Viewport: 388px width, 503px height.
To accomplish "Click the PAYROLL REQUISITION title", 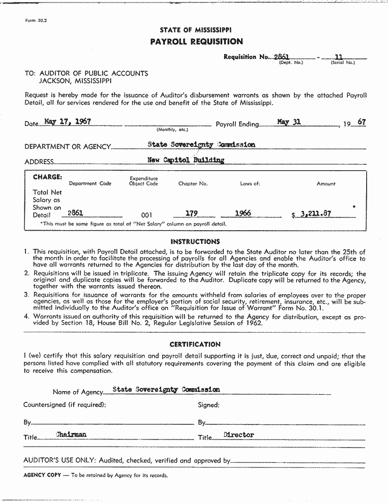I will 196,42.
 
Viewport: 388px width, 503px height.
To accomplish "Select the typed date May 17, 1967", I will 68,121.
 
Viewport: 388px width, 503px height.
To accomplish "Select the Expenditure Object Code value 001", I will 146,215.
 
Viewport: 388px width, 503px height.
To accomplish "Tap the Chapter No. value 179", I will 191,213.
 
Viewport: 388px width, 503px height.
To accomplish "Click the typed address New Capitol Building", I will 185,160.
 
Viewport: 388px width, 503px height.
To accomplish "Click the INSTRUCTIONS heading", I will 195,242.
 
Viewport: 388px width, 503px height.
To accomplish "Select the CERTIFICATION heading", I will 195,344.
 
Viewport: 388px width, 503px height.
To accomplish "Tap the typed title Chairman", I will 71,434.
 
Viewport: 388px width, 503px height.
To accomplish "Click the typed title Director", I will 238,435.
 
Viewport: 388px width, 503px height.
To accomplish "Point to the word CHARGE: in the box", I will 48,177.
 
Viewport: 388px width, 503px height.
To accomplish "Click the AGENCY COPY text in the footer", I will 42,476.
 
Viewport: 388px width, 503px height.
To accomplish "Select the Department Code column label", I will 90,183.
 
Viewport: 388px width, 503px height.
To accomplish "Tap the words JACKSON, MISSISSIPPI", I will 76,81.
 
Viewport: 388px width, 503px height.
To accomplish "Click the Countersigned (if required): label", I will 65,405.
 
